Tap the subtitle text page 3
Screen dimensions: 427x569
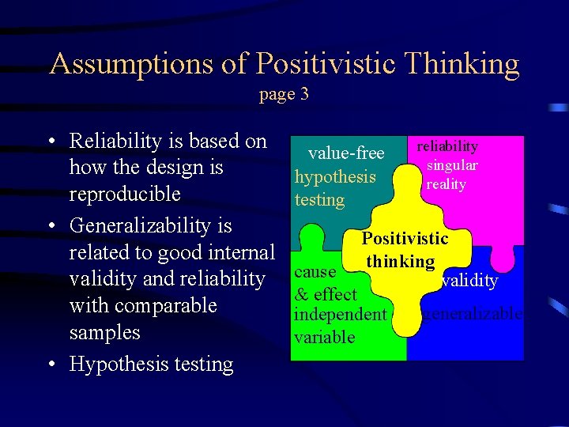pos(284,94)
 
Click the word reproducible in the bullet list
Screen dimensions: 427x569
pos(125,195)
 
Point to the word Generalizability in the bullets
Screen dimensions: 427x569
pos(150,226)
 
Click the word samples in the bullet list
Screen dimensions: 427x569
pos(105,332)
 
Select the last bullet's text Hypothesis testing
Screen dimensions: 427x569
pos(151,365)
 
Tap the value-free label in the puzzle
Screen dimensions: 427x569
pos(346,153)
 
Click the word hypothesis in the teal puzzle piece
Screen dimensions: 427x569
pos(334,176)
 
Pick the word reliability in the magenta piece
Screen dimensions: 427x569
pos(447,146)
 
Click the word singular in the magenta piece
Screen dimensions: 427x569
pos(452,165)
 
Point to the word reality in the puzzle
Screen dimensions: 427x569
pos(446,184)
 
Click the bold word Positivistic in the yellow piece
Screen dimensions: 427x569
pos(405,239)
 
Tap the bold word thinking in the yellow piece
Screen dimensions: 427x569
pos(400,261)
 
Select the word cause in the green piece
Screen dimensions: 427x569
pos(315,271)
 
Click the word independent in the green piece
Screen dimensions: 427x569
pos(340,314)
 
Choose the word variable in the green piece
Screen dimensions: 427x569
pos(324,337)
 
